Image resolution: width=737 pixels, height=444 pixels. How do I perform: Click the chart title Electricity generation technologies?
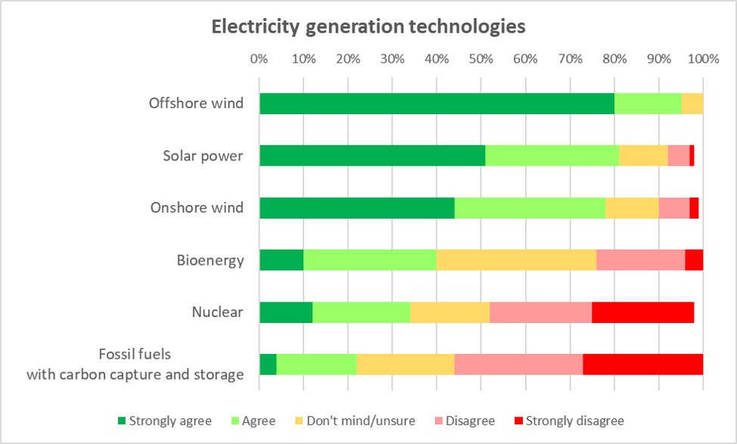click(x=368, y=27)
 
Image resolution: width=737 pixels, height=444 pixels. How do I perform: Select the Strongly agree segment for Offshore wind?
click(x=437, y=104)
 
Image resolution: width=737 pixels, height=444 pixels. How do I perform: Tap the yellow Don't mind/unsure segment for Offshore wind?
click(x=692, y=104)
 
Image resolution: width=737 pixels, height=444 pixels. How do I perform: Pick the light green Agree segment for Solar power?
click(x=552, y=156)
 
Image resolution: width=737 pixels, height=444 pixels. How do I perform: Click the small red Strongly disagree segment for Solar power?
click(x=692, y=156)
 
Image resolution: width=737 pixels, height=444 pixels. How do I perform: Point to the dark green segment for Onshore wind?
click(x=357, y=207)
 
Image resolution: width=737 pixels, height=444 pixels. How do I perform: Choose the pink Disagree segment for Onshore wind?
click(x=673, y=207)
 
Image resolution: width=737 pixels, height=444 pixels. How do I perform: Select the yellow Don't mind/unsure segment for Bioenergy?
click(x=516, y=259)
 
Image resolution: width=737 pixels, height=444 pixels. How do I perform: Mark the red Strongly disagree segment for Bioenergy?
click(x=694, y=259)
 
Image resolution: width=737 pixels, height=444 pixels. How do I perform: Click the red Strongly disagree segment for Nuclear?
click(x=642, y=312)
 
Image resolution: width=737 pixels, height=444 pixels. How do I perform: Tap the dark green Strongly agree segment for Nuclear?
click(x=286, y=312)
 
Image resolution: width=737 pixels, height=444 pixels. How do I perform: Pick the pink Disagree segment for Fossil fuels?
click(x=518, y=364)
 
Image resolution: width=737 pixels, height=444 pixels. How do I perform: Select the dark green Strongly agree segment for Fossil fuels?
click(x=268, y=364)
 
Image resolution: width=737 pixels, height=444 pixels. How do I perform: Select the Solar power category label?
click(x=203, y=157)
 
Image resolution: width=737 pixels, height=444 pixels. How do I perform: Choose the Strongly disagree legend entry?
click(x=568, y=421)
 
